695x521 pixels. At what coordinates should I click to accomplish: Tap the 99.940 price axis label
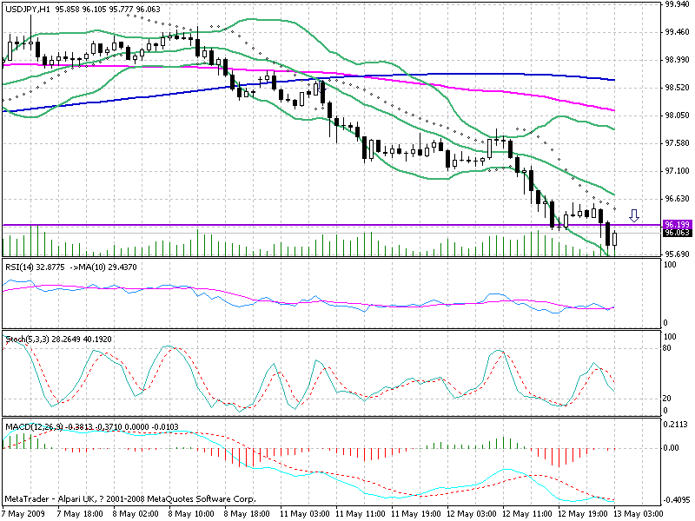677,4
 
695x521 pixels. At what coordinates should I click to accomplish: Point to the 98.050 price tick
677,115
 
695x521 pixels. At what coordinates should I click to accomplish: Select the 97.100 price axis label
677,171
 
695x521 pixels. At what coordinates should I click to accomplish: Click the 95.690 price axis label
677,254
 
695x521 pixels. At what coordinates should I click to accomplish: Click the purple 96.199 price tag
677,225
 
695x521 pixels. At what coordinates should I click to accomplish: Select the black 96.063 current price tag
677,233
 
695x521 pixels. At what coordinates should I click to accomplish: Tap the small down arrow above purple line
634,214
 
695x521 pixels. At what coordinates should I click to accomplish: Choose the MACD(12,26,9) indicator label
33,427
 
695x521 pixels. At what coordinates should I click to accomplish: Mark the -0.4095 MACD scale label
676,501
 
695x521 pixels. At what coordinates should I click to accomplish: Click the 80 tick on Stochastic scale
668,348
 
